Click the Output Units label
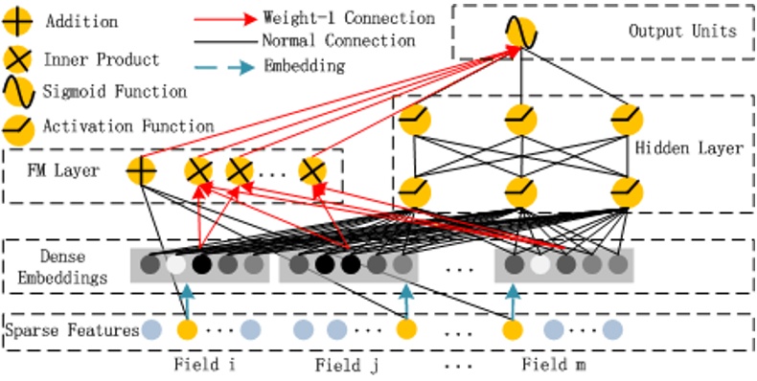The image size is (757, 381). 682,31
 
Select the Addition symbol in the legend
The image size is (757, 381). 20,21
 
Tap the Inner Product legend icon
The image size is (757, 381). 20,60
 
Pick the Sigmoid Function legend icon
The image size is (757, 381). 20,92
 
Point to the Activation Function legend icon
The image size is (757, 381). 20,125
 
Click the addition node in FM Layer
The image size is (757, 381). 141,172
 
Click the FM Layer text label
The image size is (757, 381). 59,173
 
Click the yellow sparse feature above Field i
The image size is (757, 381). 187,330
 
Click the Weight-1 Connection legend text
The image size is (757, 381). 348,18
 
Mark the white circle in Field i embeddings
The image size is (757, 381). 175,264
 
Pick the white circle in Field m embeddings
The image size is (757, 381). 540,264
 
